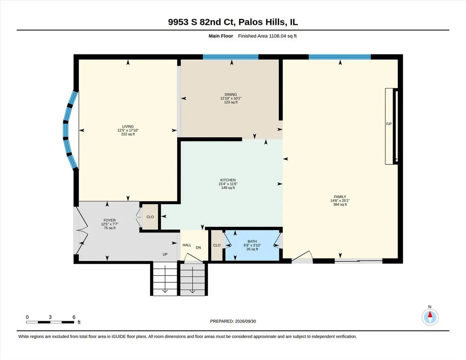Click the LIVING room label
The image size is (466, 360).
(x=128, y=126)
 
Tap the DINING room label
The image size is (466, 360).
(x=231, y=94)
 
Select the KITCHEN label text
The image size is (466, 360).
(x=228, y=180)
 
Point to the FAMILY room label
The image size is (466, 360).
(x=340, y=197)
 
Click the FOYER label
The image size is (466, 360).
(x=110, y=220)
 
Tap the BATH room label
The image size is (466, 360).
(x=252, y=241)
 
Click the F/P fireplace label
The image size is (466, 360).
(x=389, y=124)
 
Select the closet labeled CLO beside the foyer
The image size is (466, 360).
(x=150, y=217)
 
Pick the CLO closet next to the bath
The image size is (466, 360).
(x=217, y=245)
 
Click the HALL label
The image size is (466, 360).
(x=187, y=245)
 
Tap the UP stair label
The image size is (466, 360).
(x=165, y=254)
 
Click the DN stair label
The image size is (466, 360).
(x=198, y=248)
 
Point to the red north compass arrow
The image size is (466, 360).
(x=430, y=315)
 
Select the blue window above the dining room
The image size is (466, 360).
(x=231, y=57)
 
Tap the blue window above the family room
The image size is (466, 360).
(x=340, y=57)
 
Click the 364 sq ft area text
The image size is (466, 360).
(x=340, y=204)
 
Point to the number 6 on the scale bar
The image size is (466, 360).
(x=74, y=317)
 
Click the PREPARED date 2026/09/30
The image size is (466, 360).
(x=245, y=321)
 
